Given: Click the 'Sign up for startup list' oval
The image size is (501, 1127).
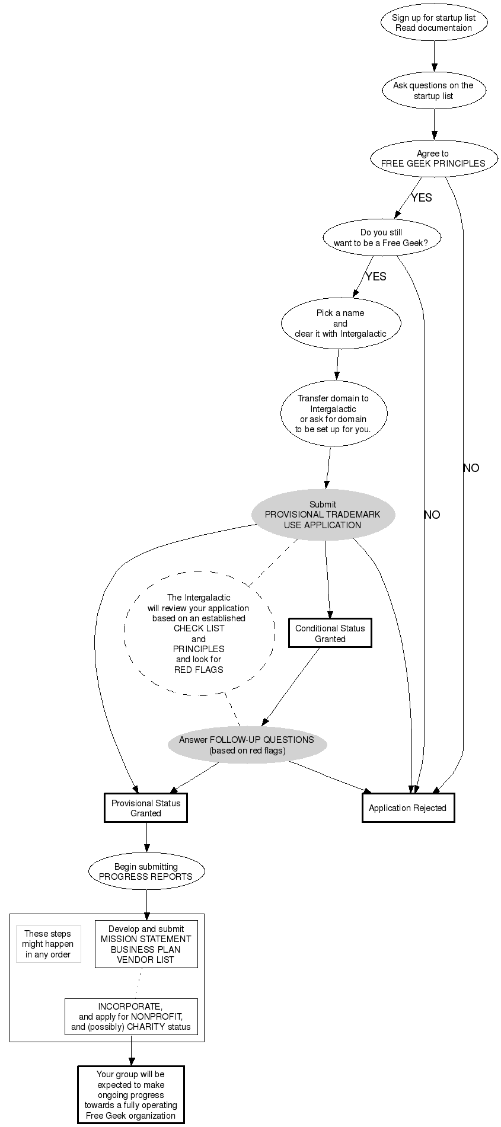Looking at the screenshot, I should coord(433,23).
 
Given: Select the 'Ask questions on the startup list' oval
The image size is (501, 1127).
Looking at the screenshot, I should coord(433,90).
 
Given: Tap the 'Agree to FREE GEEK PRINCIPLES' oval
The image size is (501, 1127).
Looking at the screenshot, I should coord(433,158).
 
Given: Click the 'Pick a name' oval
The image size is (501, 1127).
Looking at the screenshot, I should coord(340,323).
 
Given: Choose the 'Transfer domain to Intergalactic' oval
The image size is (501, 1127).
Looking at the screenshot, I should coord(333,413).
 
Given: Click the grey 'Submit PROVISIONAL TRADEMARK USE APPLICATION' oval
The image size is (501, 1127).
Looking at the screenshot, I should coord(323,515).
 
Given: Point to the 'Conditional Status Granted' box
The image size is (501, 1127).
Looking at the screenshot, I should coord(330,633).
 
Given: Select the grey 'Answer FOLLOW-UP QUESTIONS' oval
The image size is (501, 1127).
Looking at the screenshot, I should coord(247,745).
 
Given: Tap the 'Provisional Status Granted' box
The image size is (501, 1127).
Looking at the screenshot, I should coord(146,808).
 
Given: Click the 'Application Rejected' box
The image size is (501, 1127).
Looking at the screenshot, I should coord(408,807).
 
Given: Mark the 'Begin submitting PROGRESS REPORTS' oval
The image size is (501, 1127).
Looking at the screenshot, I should coord(146,871).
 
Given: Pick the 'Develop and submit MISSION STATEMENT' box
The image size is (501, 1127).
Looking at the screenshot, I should coord(146,944).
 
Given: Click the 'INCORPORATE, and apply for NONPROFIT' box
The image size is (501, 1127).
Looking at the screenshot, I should coord(130,1016).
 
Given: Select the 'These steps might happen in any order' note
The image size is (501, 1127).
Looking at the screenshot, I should coord(48,944).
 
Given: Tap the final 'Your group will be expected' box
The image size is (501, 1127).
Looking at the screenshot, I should coord(130,1094).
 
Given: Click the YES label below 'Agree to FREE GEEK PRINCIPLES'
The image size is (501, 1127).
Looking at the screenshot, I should coord(422,197).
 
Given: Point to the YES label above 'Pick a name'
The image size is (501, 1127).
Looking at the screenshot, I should coord(376,276).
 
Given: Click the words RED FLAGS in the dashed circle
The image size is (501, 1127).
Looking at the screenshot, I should coord(199,669).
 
